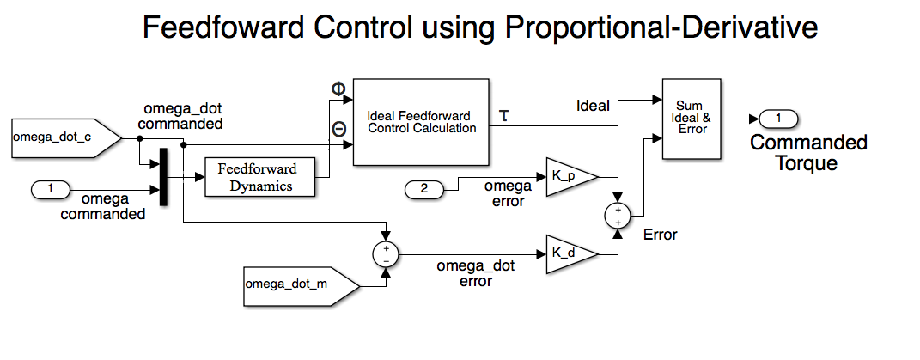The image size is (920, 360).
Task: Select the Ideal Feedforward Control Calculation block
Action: click(421, 122)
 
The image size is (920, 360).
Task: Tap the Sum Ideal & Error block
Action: click(692, 118)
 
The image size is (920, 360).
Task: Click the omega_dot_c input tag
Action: click(55, 137)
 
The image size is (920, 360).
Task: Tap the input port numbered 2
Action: click(429, 188)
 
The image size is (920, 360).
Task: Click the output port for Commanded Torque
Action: click(778, 118)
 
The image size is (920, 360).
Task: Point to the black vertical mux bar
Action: click(162, 178)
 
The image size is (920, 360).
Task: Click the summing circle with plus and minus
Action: click(387, 253)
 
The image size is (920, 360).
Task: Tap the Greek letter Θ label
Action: click(338, 129)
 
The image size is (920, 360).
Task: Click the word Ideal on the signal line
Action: click(593, 106)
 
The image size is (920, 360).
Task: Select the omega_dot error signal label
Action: click(475, 273)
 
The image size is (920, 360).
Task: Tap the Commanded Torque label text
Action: click(808, 152)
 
